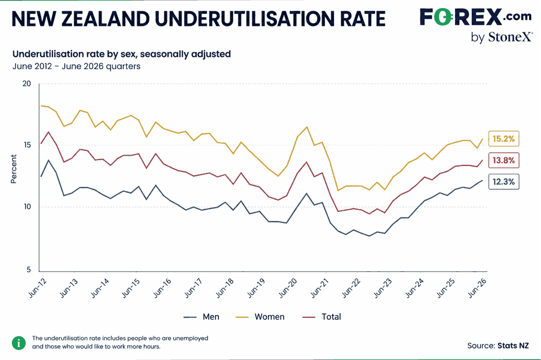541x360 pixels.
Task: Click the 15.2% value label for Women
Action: point(503,139)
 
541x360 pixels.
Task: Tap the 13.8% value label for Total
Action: point(503,160)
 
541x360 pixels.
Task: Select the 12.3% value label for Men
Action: point(503,182)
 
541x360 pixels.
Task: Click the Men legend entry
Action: point(201,317)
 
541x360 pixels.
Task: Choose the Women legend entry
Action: point(260,317)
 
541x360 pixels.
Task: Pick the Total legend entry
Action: point(322,317)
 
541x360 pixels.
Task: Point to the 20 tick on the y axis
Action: point(26,84)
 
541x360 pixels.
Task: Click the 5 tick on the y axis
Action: point(29,270)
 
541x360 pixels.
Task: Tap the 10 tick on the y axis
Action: point(26,206)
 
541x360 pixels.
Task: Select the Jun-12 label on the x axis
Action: point(37,288)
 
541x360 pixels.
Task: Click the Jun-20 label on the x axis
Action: point(288,288)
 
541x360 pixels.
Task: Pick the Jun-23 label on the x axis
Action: point(383,288)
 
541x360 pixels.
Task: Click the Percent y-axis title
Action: point(14,169)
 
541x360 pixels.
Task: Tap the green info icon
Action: point(18,343)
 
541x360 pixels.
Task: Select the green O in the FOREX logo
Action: point(442,17)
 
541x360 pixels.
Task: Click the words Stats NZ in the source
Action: point(513,345)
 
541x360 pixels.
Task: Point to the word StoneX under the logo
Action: point(510,37)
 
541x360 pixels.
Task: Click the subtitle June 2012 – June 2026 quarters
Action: point(76,66)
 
